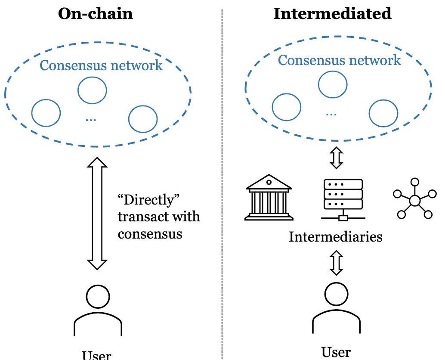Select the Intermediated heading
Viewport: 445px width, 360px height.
333,14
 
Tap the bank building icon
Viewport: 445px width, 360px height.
268,198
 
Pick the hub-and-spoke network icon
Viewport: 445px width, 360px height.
414,200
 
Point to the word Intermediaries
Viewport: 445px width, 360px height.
335,236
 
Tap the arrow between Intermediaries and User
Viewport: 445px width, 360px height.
336,264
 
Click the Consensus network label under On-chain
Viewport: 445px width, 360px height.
102,65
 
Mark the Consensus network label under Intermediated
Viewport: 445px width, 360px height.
339,60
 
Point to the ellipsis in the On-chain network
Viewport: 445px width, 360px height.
91,119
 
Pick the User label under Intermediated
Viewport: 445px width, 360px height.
336,352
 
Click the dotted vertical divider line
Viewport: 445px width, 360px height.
222,181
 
